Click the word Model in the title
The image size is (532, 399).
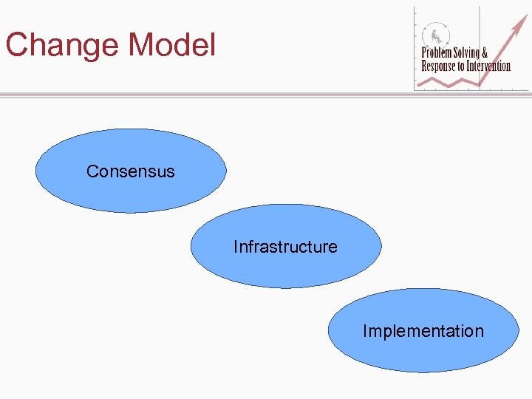pos(172,45)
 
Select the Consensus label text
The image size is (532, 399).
pos(131,171)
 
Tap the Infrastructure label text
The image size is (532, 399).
pos(285,247)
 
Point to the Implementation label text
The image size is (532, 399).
pos(423,331)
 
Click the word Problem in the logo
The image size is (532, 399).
pos(437,53)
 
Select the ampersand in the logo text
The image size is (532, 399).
pos(485,53)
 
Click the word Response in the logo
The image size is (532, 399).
pos(438,66)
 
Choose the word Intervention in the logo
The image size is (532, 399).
pos(488,66)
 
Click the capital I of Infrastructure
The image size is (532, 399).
pos(236,247)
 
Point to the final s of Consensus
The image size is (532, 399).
pos(171,172)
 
